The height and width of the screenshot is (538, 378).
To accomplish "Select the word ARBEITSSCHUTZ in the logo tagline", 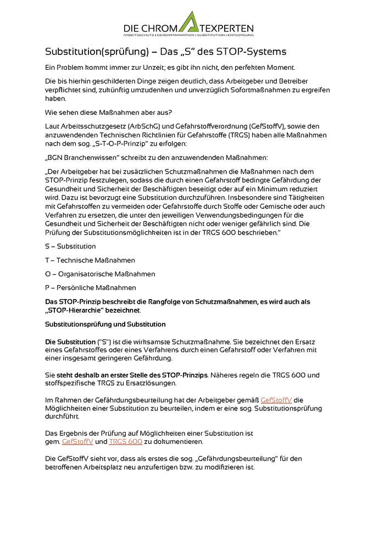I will tap(139, 35).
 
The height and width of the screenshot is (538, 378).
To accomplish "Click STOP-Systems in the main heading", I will tap(253, 52).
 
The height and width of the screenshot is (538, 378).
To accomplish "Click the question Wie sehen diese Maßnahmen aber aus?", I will tap(108, 113).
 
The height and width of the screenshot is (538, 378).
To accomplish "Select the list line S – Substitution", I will tap(70, 246).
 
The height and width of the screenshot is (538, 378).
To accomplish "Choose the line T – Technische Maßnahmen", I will tap(90, 260).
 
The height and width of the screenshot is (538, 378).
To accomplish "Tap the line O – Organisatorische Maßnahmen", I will tap(99, 274).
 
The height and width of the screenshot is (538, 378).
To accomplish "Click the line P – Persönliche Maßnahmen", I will tap(90, 287).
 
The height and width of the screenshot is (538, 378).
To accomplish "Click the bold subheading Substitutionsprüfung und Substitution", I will tap(105, 324).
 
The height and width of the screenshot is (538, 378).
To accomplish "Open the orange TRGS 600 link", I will tap(125, 441).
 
